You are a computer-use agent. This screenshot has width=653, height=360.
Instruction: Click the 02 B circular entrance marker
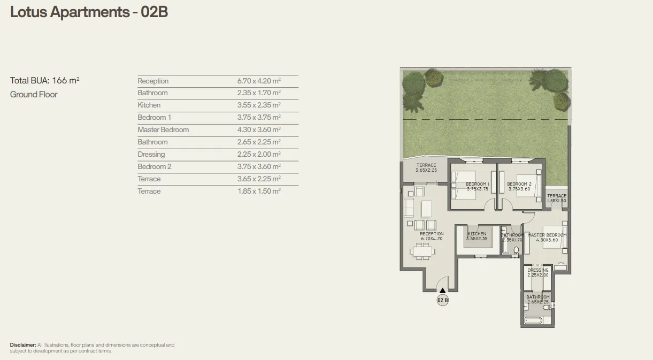coord(442,300)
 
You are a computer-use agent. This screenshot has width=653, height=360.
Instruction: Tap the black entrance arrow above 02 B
coord(442,290)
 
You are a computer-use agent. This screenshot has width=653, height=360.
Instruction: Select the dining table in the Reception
coord(422,251)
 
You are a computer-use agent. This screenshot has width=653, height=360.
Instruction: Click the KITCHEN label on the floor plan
coord(477,234)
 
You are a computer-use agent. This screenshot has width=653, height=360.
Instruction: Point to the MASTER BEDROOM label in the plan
coord(547,235)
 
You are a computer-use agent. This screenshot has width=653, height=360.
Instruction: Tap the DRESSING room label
coord(537,270)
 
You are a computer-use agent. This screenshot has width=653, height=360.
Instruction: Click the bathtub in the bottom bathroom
coord(533,320)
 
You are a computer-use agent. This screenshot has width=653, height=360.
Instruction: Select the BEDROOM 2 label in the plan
coord(519,185)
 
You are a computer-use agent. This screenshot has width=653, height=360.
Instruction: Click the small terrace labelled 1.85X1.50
coord(556,198)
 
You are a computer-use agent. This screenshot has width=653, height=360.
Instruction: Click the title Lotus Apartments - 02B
coord(89,12)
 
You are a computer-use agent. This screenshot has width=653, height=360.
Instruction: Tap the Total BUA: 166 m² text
coord(45,81)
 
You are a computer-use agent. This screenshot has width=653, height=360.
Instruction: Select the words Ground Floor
coord(34,95)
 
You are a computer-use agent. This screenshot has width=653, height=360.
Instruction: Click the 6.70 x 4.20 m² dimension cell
coord(259,81)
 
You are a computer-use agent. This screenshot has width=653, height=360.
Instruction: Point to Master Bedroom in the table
coord(163,130)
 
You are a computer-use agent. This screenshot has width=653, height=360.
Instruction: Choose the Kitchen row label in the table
coord(149,105)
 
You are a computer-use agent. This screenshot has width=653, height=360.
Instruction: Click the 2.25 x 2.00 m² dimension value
coord(259,155)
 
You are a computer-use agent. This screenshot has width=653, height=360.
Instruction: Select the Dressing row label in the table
coord(151,155)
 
